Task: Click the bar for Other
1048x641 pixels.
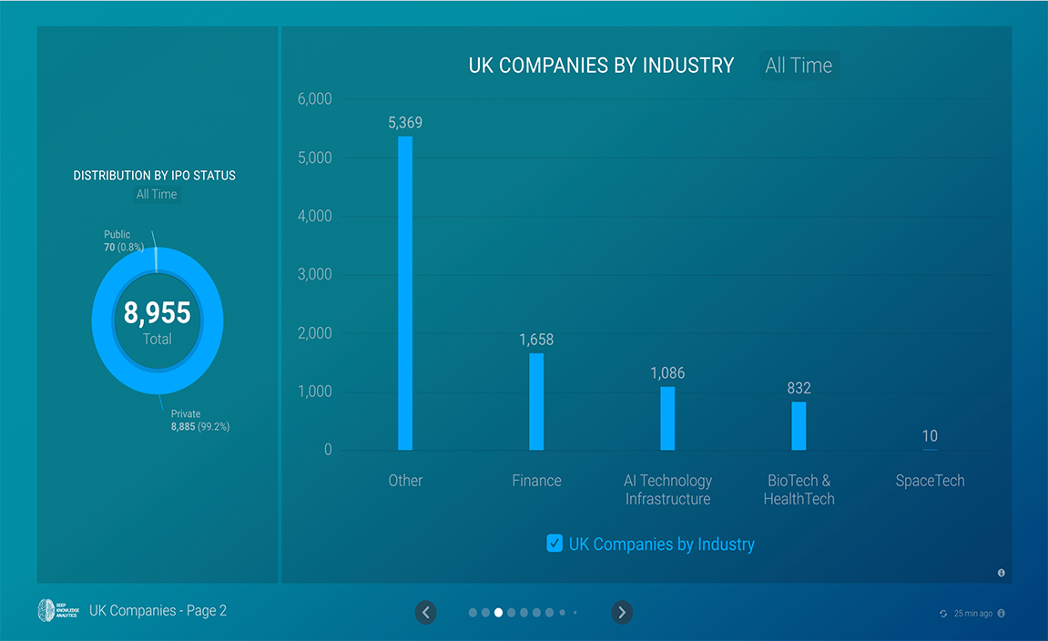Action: [x=405, y=293]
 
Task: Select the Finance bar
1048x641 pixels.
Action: [x=536, y=401]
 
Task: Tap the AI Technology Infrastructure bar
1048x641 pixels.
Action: [x=667, y=418]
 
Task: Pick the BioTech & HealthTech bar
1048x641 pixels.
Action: [x=799, y=425]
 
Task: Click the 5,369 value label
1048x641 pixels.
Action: [x=405, y=123]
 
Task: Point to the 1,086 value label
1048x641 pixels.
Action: [x=667, y=373]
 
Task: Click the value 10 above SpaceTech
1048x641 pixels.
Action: [x=930, y=436]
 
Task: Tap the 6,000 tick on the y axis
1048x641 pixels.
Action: [x=315, y=99]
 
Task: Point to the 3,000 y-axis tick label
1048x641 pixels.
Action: [x=315, y=275]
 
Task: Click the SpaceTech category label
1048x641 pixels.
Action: [x=930, y=481]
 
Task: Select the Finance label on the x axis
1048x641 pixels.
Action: [x=536, y=481]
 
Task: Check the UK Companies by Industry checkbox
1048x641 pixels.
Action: [x=555, y=544]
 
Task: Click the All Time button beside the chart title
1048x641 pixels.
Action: [x=799, y=66]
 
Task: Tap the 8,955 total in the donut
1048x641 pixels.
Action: [x=158, y=313]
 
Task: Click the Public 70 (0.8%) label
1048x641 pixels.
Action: [x=124, y=240]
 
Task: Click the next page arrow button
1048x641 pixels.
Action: [x=622, y=613]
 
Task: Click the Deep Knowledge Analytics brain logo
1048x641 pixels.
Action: [x=47, y=611]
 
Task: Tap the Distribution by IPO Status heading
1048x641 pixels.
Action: [x=155, y=176]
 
